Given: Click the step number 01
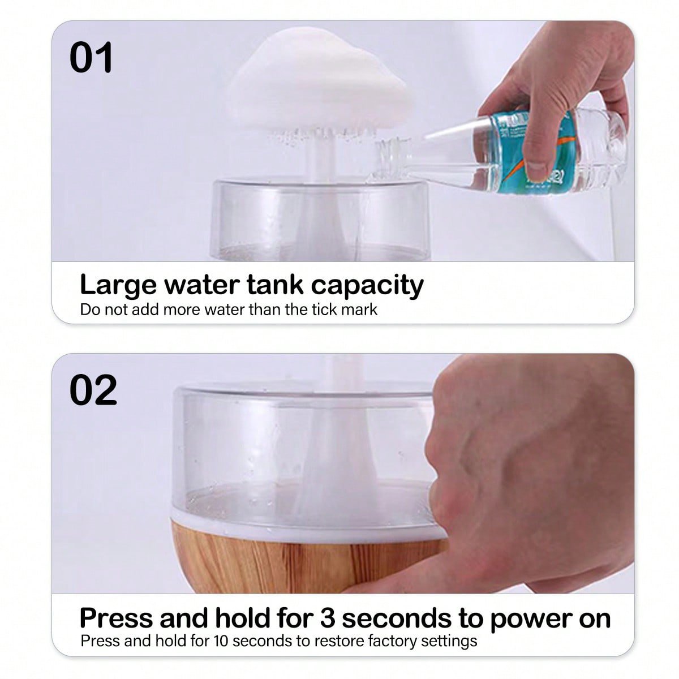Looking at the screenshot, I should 91,58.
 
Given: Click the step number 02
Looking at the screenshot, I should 93,390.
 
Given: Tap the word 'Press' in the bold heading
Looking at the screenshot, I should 116,618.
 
